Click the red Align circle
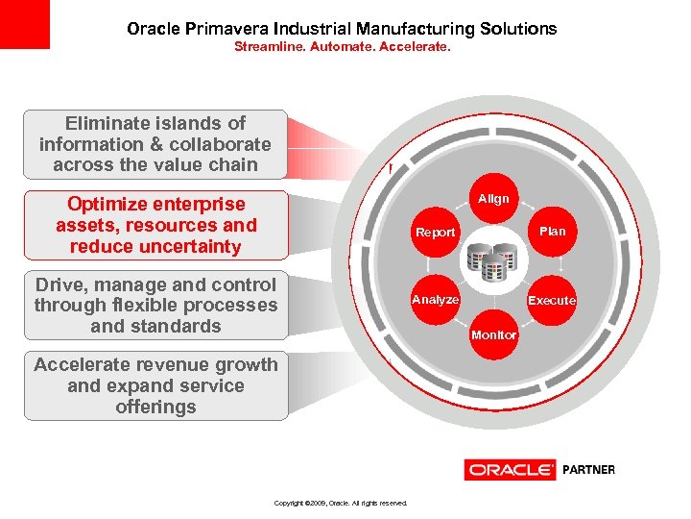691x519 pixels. coord(493,199)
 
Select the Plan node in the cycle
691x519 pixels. coord(552,231)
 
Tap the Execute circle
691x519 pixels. coord(552,300)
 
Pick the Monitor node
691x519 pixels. coord(493,334)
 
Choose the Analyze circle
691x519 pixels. coord(435,299)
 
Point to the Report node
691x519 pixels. coord(435,232)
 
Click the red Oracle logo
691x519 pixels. coord(511,470)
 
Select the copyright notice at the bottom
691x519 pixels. coord(341,503)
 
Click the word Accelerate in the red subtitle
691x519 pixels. coord(412,45)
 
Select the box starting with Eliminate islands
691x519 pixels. coord(155,144)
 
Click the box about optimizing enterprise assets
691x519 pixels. coord(155,225)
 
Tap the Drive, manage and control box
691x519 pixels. coord(155,306)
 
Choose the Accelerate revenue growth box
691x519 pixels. coord(155,386)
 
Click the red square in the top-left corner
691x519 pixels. coord(24,24)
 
